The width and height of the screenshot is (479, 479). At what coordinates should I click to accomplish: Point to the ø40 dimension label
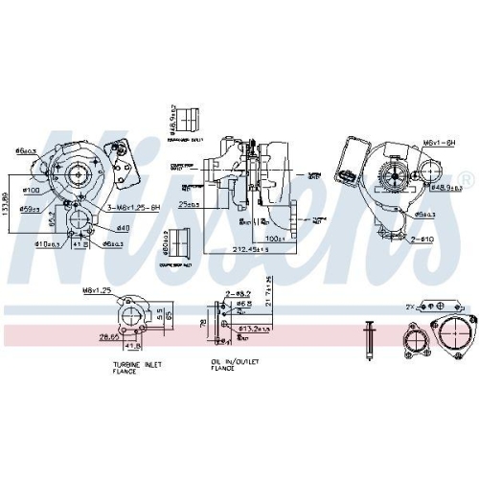pyautogui.click(x=123, y=227)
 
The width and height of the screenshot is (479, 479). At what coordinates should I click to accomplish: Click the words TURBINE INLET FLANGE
pyautogui.click(x=131, y=367)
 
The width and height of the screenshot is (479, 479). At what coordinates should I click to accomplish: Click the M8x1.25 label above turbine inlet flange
pyautogui.click(x=97, y=291)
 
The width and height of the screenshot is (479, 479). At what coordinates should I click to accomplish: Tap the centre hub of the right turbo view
pyautogui.click(x=392, y=174)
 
